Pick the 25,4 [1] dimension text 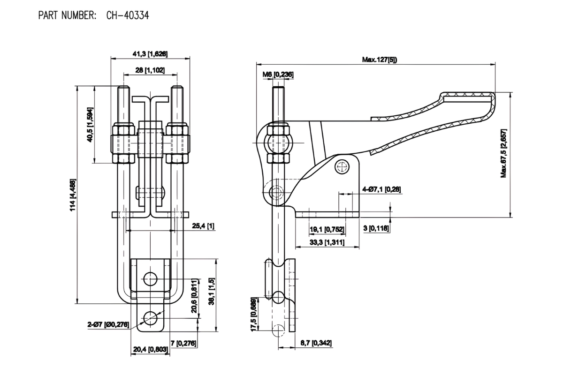pyautogui.click(x=204, y=226)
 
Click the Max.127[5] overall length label pyautogui.click(x=377, y=60)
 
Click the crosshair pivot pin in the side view pyautogui.click(x=342, y=166)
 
